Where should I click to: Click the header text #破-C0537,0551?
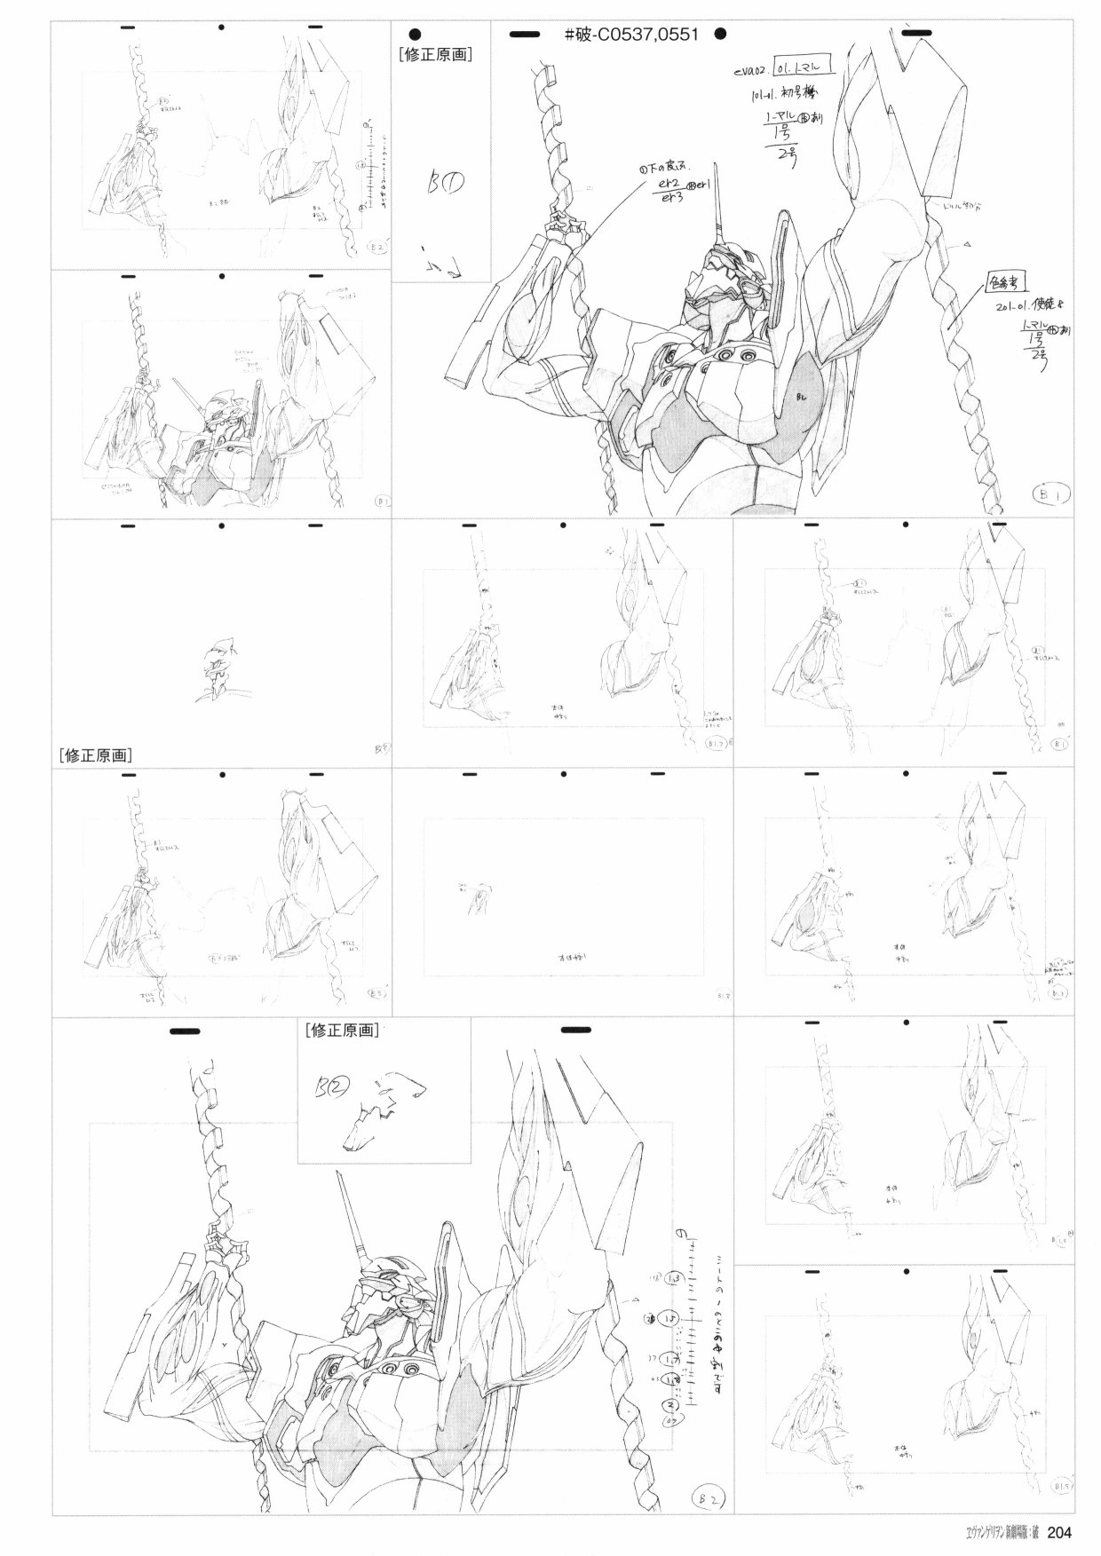point(631,35)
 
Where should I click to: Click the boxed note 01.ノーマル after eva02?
point(798,67)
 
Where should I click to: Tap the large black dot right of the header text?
point(720,35)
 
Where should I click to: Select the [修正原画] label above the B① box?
point(435,53)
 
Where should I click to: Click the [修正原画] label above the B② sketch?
point(340,1031)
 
